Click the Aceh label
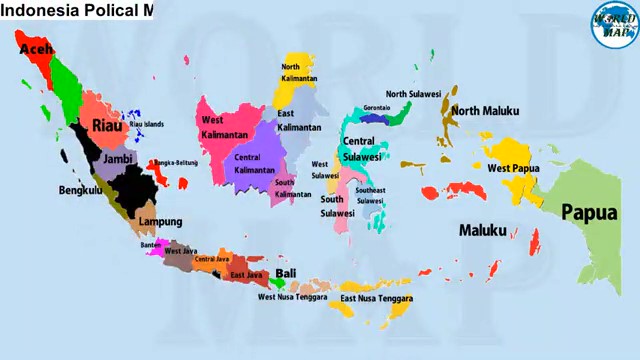pyautogui.click(x=37, y=48)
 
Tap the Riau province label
pyautogui.click(x=106, y=125)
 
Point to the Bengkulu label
pyautogui.click(x=80, y=189)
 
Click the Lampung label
pyautogui.click(x=160, y=221)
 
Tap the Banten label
pyautogui.click(x=150, y=243)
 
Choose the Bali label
pyautogui.click(x=286, y=273)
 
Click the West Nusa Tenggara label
pyautogui.click(x=295, y=296)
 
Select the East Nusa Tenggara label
pyautogui.click(x=376, y=298)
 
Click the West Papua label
pyautogui.click(x=513, y=168)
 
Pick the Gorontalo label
pyautogui.click(x=377, y=107)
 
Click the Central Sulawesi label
pyautogui.click(x=361, y=148)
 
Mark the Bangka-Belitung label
pyautogui.click(x=177, y=162)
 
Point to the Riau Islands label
pyautogui.click(x=146, y=124)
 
